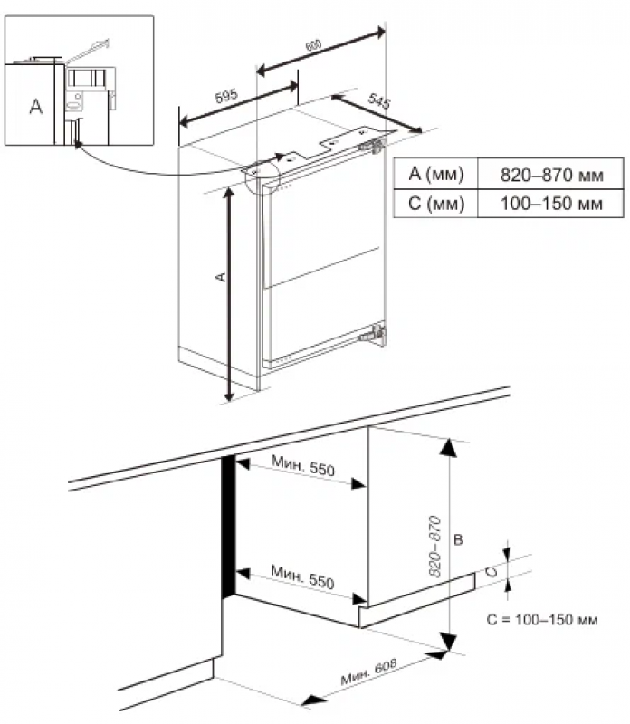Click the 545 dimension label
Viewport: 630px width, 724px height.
(379, 103)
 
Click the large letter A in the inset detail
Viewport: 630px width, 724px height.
(35, 107)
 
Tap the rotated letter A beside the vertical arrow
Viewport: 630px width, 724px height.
(218, 278)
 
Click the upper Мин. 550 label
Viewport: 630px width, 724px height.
(302, 470)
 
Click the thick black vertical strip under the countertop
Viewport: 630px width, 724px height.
(227, 526)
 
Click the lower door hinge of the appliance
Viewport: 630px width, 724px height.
(370, 336)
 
